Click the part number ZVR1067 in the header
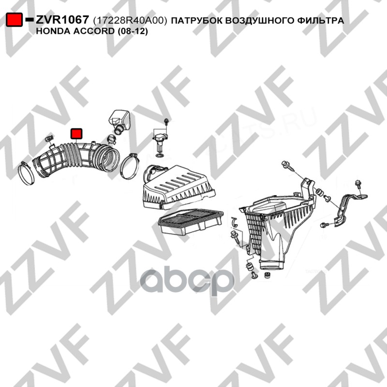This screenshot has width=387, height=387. coord(62,20)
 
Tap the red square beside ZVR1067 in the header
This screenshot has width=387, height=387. coord(14,20)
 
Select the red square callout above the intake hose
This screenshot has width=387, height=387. coord(76,134)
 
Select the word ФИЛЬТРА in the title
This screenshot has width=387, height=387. coord(320,20)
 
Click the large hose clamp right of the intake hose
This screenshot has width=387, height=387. coord(130,166)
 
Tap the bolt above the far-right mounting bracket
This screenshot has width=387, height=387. coord(358,185)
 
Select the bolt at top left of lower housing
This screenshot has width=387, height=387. coord(287,165)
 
